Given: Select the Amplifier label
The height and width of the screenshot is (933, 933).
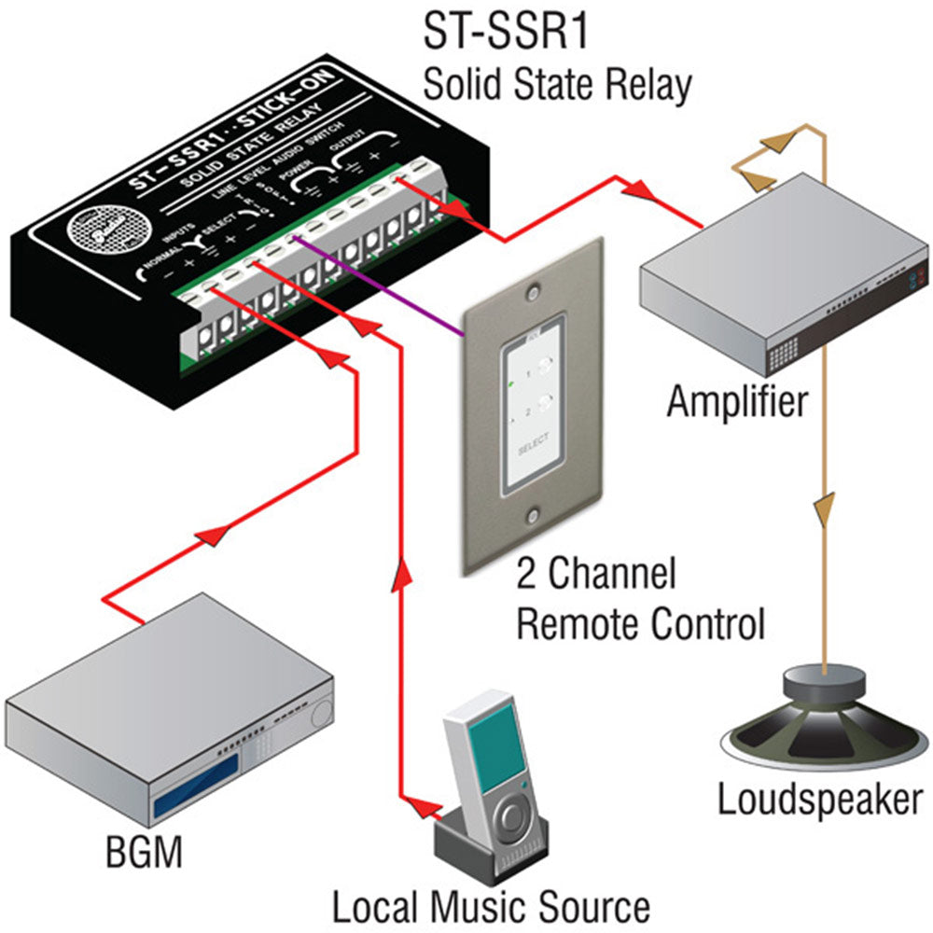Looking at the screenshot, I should [x=736, y=403].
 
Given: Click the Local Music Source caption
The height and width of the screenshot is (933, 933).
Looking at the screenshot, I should [x=491, y=906].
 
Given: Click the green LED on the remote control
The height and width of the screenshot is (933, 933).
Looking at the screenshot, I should [x=510, y=383].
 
